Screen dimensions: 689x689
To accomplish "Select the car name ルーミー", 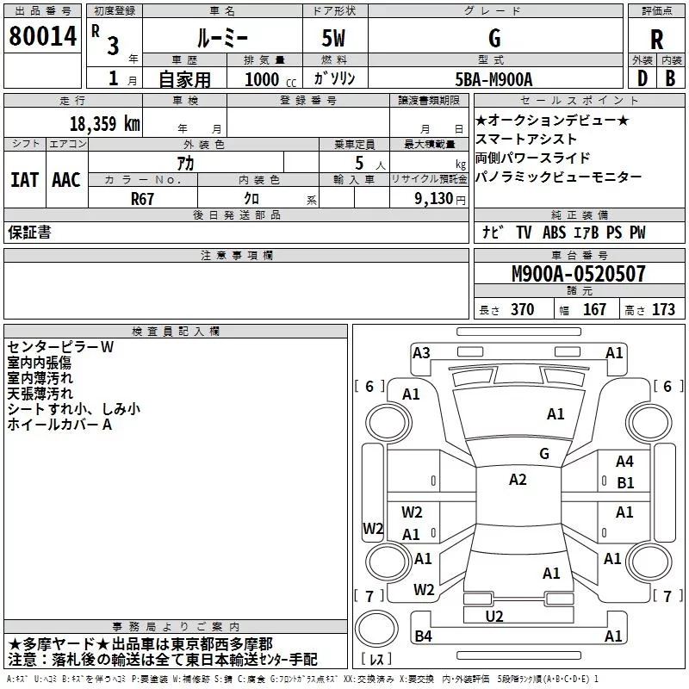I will pyautogui.click(x=222, y=39).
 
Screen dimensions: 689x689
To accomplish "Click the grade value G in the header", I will pyautogui.click(x=493, y=39).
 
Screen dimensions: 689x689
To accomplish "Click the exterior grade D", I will pyautogui.click(x=642, y=77).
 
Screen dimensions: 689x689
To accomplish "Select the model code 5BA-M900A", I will pyautogui.click(x=493, y=78).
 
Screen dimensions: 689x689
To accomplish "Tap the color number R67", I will pyautogui.click(x=143, y=198).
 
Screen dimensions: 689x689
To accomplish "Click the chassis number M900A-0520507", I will pyautogui.click(x=578, y=275).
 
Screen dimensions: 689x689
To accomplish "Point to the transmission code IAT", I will pyautogui.click(x=25, y=180).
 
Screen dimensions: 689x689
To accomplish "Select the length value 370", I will pyautogui.click(x=522, y=310).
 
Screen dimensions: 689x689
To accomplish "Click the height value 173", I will pyautogui.click(x=663, y=310).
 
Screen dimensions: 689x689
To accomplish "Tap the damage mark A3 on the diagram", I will pyautogui.click(x=421, y=352).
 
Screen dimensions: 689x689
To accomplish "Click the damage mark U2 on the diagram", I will pyautogui.click(x=494, y=616).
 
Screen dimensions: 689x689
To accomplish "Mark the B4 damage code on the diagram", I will pyautogui.click(x=423, y=636).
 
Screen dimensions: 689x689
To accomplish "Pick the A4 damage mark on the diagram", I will pyautogui.click(x=624, y=462).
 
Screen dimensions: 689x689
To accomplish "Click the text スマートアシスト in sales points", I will pyautogui.click(x=526, y=139).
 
